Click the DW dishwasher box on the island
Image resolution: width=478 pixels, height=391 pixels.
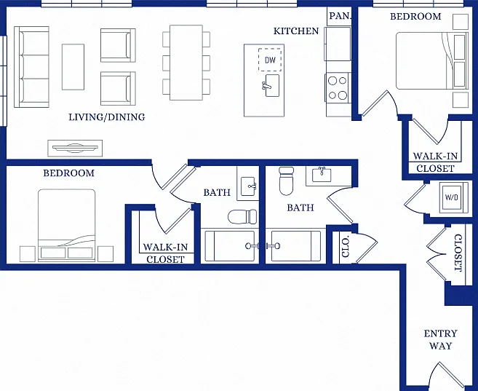[270, 60]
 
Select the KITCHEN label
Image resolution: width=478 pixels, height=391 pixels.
[296, 31]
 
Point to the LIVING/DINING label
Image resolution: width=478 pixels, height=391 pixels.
[107, 116]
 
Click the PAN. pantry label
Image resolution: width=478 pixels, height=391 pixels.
[340, 16]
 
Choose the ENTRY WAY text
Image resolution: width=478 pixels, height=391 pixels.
[440, 339]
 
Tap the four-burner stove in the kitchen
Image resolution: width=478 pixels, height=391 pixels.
[338, 88]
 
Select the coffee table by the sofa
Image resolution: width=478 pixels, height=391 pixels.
[73, 67]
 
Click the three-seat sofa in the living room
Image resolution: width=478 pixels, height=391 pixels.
[32, 67]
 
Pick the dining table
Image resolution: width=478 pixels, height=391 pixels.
[186, 63]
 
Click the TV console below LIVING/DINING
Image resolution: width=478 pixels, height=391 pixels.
[75, 149]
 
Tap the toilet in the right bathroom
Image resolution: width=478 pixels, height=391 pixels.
[286, 181]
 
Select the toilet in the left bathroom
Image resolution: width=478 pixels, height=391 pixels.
[243, 216]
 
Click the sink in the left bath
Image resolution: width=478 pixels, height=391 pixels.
[248, 186]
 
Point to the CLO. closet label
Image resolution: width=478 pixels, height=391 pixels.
[346, 247]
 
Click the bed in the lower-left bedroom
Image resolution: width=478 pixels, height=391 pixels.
[67, 225]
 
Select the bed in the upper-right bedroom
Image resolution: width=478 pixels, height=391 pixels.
[432, 60]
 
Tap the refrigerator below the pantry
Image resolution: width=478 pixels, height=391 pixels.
[338, 44]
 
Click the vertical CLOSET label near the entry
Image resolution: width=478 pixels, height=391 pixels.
[458, 253]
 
